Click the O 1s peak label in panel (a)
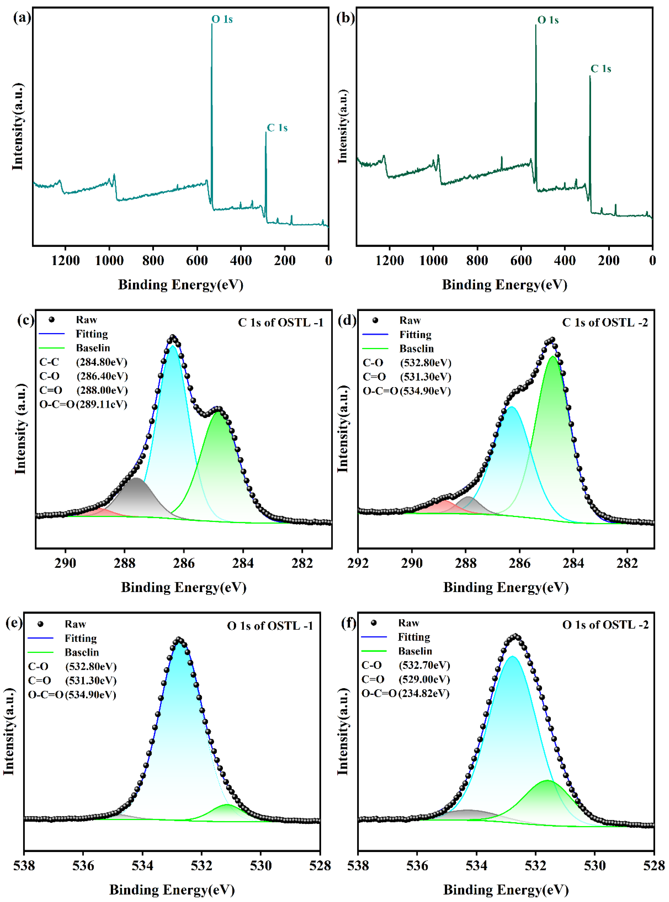pyautogui.click(x=222, y=19)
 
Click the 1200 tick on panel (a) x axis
pyautogui.click(x=66, y=260)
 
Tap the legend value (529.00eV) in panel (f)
pyautogui.click(x=424, y=679)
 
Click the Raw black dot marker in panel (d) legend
pyautogui.click(x=375, y=320)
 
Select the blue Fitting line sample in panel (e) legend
pyautogui.click(x=40, y=638)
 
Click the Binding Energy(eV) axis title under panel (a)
pyautogui.click(x=181, y=285)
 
